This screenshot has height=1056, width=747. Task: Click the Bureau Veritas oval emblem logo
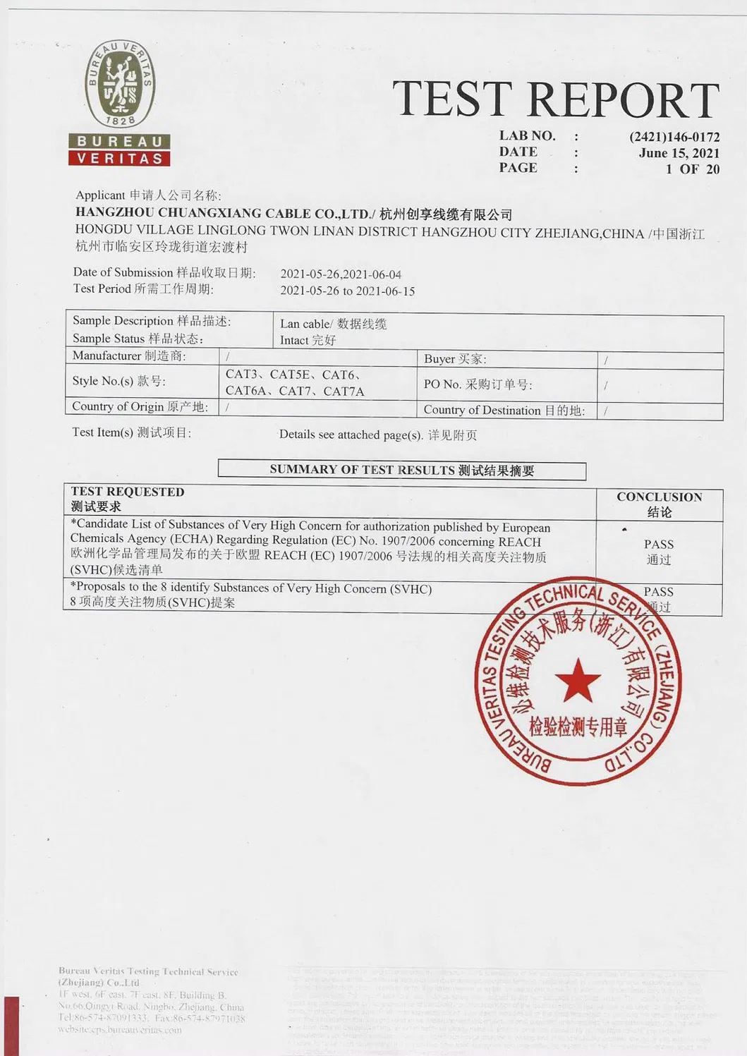click(x=121, y=84)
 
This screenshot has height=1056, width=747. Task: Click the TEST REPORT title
click(x=555, y=99)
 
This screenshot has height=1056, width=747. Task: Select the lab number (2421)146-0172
click(x=674, y=137)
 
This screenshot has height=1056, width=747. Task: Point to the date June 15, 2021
click(x=679, y=153)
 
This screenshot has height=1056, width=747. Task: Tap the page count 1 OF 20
click(x=692, y=169)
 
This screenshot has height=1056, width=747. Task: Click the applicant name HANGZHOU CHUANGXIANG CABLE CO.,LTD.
click(x=223, y=213)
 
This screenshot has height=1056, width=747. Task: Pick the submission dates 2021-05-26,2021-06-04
click(x=341, y=274)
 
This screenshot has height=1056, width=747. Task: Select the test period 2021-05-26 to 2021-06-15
click(x=347, y=291)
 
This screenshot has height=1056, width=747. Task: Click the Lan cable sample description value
click(x=333, y=324)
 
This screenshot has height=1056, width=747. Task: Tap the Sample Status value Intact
click(x=308, y=340)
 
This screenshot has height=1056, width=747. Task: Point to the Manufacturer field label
click(x=129, y=356)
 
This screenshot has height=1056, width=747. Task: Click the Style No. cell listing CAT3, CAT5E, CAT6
click(x=295, y=382)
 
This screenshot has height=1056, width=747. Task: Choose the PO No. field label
click(x=478, y=384)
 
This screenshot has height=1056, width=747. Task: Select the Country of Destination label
click(x=504, y=410)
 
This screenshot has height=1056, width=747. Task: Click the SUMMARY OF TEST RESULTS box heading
click(x=401, y=470)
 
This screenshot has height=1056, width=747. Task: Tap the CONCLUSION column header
click(x=659, y=504)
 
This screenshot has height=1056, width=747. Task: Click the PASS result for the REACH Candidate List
click(x=658, y=551)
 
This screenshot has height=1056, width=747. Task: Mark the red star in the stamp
click(x=578, y=680)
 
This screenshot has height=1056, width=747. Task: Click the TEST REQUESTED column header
click(x=128, y=499)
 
